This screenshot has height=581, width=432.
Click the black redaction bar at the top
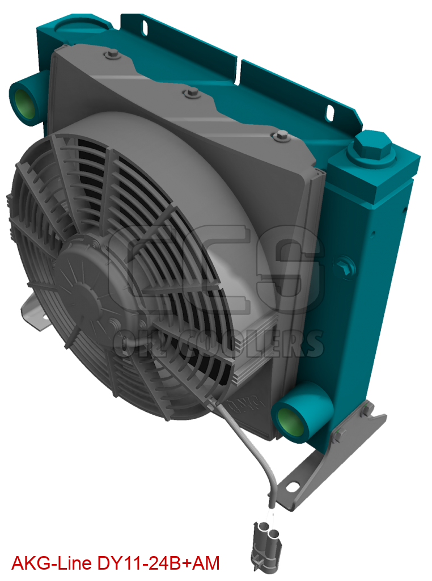click(104, 6)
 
